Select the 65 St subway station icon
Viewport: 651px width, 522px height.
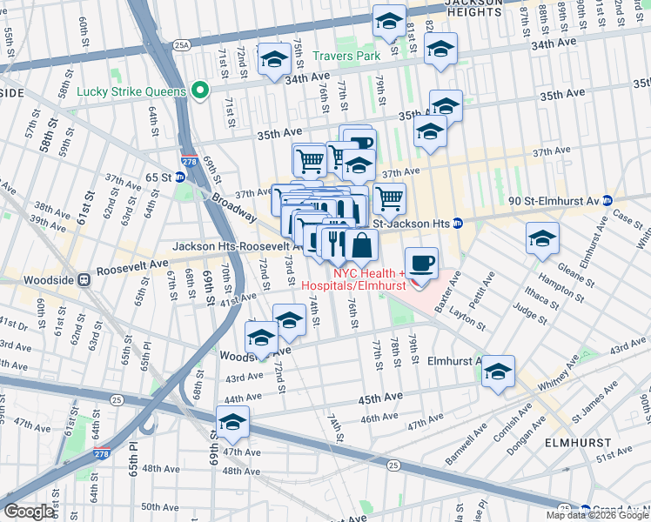pyautogui.click(x=179, y=177)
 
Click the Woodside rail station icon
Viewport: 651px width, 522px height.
pyautogui.click(x=84, y=280)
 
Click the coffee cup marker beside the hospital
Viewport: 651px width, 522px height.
pyautogui.click(x=422, y=264)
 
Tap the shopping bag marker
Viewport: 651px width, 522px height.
pyautogui.click(x=361, y=244)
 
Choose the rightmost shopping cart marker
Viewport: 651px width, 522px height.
pyautogui.click(x=389, y=197)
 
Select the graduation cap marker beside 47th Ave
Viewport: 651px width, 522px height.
pyautogui.click(x=232, y=423)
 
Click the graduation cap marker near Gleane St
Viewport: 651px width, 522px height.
pyautogui.click(x=542, y=239)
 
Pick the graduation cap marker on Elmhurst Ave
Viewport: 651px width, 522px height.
pyautogui.click(x=498, y=371)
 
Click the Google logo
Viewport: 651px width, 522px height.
pyautogui.click(x=30, y=512)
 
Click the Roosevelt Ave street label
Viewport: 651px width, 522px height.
pyautogui.click(x=134, y=264)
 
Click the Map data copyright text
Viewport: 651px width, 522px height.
pyautogui.click(x=597, y=515)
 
